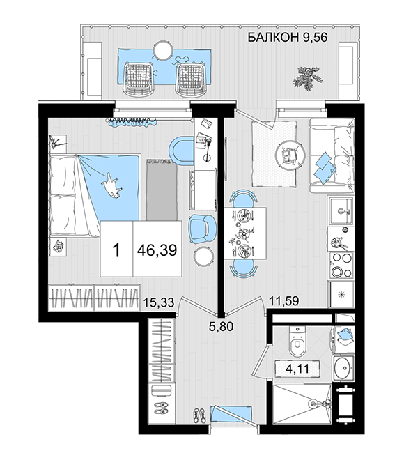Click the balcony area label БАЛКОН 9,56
[287, 38]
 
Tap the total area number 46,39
[157, 250]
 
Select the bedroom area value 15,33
[160, 302]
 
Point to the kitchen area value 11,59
[284, 300]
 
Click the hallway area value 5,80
[221, 326]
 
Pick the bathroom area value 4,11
[297, 368]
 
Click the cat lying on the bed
[111, 185]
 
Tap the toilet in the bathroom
[297, 341]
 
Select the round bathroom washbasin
[343, 368]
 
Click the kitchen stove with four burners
[341, 266]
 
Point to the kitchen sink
[341, 210]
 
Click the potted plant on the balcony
[307, 78]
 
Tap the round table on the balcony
[163, 50]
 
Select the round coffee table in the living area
[290, 154]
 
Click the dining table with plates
[244, 233]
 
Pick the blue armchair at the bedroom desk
[202, 229]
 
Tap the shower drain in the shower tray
[313, 404]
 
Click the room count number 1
[116, 250]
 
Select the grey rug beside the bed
[162, 190]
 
